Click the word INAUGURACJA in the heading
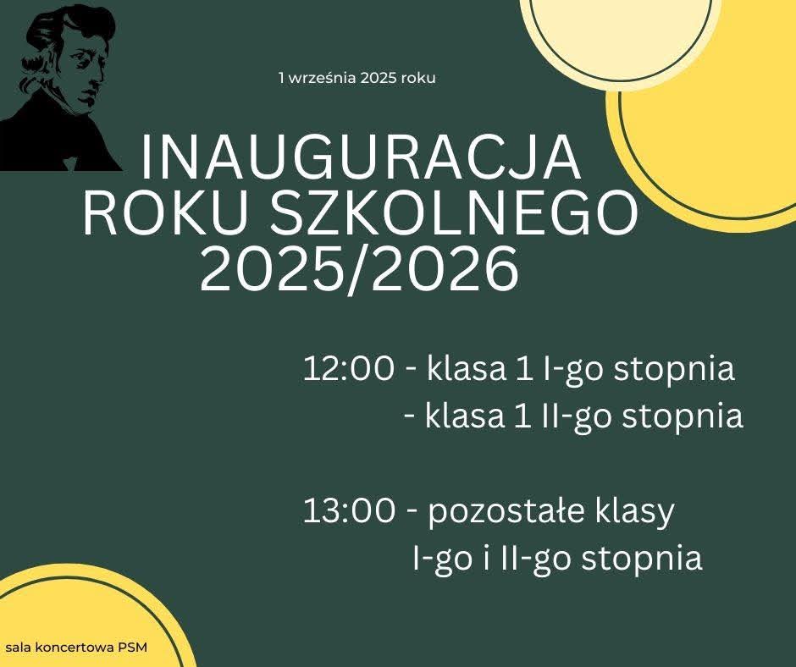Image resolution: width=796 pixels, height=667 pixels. pyautogui.click(x=360, y=157)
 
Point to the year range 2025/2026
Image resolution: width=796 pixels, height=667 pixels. pyautogui.click(x=360, y=269)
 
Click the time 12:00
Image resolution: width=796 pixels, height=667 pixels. pyautogui.click(x=349, y=368)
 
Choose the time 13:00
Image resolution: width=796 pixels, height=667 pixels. pyautogui.click(x=349, y=510)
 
